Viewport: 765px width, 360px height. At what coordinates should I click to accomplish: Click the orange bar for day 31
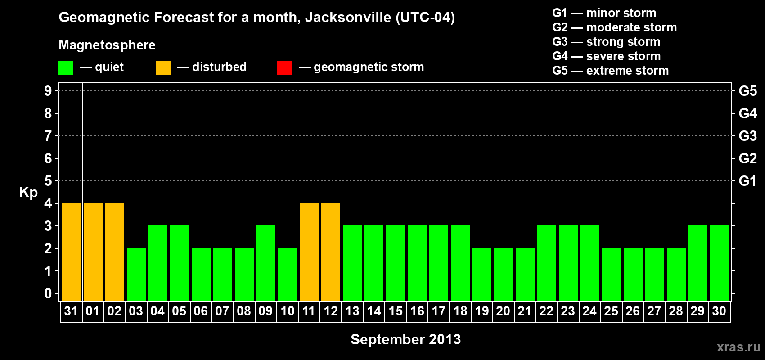click(x=72, y=252)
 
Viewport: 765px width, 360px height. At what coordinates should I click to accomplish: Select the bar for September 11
click(x=309, y=252)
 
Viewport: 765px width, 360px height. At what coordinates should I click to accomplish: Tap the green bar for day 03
click(x=136, y=274)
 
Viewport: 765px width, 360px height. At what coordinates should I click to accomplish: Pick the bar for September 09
click(x=266, y=263)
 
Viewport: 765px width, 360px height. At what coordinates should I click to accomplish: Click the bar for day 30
click(x=720, y=263)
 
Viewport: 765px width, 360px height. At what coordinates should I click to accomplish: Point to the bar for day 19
click(x=482, y=274)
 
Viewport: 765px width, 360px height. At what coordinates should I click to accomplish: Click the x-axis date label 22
click(x=546, y=311)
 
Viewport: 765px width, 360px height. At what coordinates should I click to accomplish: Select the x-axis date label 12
click(x=331, y=311)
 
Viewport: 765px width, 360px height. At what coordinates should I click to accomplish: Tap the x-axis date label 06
click(x=201, y=311)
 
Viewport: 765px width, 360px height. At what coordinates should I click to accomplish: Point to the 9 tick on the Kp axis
click(x=48, y=91)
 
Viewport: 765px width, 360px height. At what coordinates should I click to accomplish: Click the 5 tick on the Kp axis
click(x=48, y=181)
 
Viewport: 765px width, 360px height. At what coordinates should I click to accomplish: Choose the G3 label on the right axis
click(x=747, y=136)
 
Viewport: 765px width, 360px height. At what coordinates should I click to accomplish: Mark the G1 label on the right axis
click(x=747, y=181)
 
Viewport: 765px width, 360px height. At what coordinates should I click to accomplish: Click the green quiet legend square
click(x=66, y=68)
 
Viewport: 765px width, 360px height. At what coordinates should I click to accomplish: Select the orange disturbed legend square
click(x=163, y=68)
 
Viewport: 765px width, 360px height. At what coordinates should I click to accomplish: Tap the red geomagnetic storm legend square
click(x=285, y=68)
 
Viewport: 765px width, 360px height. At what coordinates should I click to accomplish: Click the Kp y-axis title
click(x=28, y=193)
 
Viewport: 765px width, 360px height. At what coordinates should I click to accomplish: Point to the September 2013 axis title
click(x=405, y=339)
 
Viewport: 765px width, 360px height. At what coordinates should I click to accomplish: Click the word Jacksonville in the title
click(x=348, y=18)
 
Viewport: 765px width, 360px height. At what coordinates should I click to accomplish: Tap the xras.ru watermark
click(x=738, y=347)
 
